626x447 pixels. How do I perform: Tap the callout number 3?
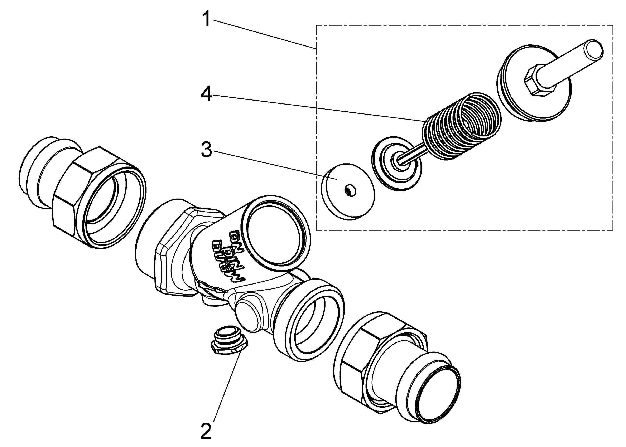pos(206,150)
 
